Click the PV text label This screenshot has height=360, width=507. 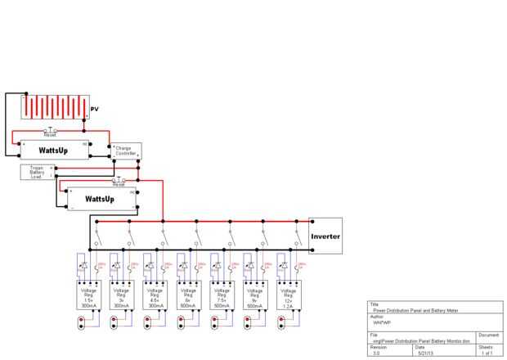pos(94,109)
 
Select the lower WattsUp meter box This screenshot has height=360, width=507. pos(98,199)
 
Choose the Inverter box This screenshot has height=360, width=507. pos(325,236)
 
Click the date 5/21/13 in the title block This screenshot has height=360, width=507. pos(426,353)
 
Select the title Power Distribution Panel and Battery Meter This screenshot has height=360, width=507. pos(408,312)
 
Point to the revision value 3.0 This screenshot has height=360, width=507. pos(376,353)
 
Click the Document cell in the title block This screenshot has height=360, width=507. pos(488,335)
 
